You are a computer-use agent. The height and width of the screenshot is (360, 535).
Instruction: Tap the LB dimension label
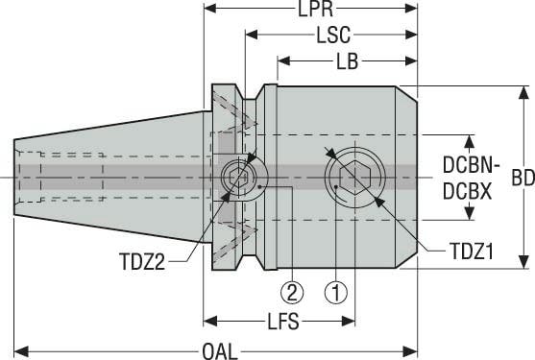pyautogui.click(x=348, y=60)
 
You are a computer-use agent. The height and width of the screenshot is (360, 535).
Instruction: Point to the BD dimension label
pyautogui.click(x=523, y=179)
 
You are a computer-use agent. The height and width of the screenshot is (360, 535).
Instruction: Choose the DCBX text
pyautogui.click(x=466, y=191)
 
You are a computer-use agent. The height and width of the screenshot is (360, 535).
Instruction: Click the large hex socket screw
pyautogui.click(x=354, y=178)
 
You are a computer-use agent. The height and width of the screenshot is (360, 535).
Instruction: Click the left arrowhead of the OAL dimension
pyautogui.click(x=21, y=348)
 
